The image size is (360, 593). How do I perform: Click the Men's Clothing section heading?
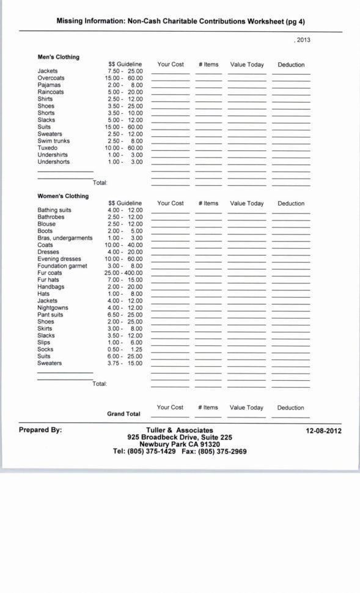coord(58,57)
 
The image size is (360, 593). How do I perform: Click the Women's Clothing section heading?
coord(62,196)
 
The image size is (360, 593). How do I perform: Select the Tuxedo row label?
coord(47,148)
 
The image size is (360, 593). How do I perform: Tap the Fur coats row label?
coord(50,273)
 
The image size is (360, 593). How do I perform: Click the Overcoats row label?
coord(51,78)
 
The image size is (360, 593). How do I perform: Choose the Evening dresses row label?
coord(59,259)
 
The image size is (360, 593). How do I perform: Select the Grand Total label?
coord(123,414)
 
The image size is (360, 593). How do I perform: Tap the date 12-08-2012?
coord(323,430)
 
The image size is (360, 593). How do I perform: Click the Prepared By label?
coord(40,430)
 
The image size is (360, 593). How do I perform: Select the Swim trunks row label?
coord(53,141)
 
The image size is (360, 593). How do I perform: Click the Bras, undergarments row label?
coord(65,238)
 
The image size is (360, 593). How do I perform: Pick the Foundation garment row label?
coord(62,266)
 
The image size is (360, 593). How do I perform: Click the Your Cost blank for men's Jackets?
coord(171,72)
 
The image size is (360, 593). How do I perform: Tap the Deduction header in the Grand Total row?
coord(290,408)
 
